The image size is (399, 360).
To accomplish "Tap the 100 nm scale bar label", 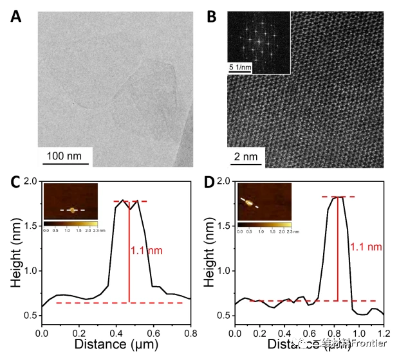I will point(68,155).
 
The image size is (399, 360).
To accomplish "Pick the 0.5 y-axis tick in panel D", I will point(223,316).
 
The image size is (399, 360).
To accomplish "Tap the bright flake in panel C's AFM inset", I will point(73,210).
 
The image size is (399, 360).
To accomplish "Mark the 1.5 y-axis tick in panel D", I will point(223,226).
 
